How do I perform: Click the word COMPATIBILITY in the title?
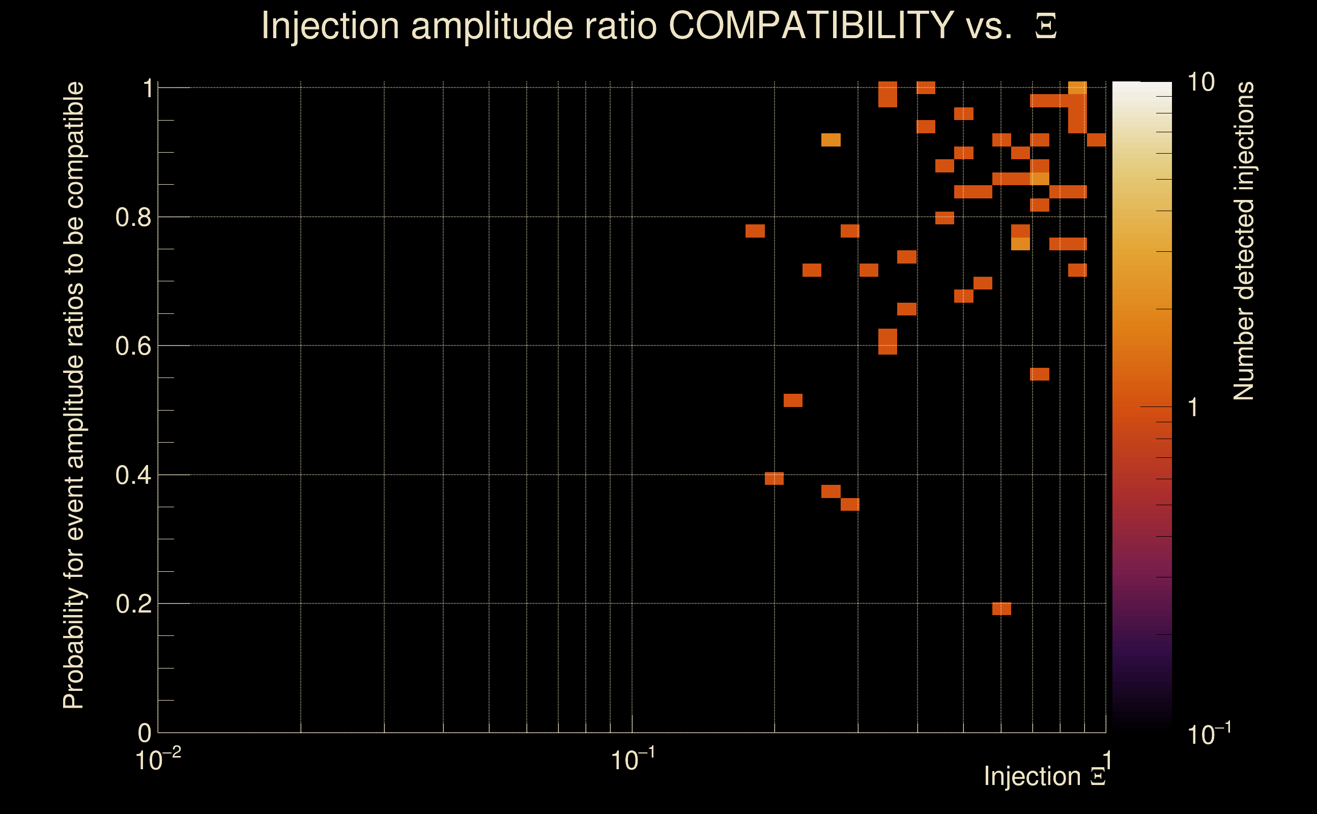(811, 26)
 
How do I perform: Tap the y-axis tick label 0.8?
(133, 218)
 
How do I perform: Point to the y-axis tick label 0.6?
(133, 346)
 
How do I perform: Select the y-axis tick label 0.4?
(133, 475)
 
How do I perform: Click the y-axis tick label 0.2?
(133, 604)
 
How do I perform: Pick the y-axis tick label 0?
(145, 733)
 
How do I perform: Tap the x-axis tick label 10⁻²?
(157, 760)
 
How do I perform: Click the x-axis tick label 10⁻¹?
(632, 760)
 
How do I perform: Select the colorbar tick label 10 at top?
(1200, 83)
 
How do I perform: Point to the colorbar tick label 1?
(1193, 408)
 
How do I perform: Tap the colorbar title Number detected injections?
(1243, 241)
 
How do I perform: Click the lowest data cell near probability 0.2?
(1001, 609)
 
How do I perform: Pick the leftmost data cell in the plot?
(755, 231)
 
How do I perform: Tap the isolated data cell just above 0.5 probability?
(792, 400)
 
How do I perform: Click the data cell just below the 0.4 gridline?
(774, 479)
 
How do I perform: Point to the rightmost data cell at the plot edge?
(1096, 140)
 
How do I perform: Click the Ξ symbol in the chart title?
(1046, 26)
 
